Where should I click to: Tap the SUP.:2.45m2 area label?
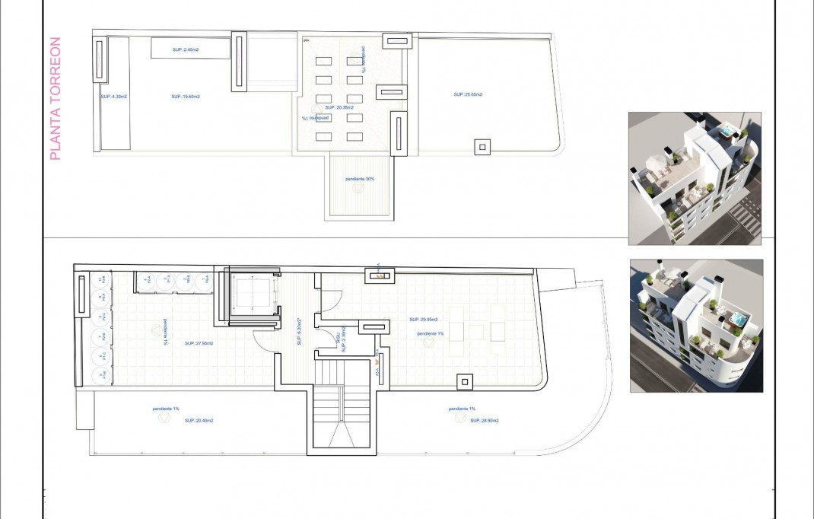(x=186, y=50)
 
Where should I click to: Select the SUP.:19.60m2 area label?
(x=186, y=97)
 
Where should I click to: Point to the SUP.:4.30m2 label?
(x=114, y=97)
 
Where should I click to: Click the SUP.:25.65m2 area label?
(x=468, y=95)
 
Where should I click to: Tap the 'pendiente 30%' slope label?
(x=358, y=178)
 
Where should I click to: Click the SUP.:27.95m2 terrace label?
(x=199, y=343)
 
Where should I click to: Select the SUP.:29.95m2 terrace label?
(x=424, y=320)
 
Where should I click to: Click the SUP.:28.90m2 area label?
(x=462, y=421)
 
